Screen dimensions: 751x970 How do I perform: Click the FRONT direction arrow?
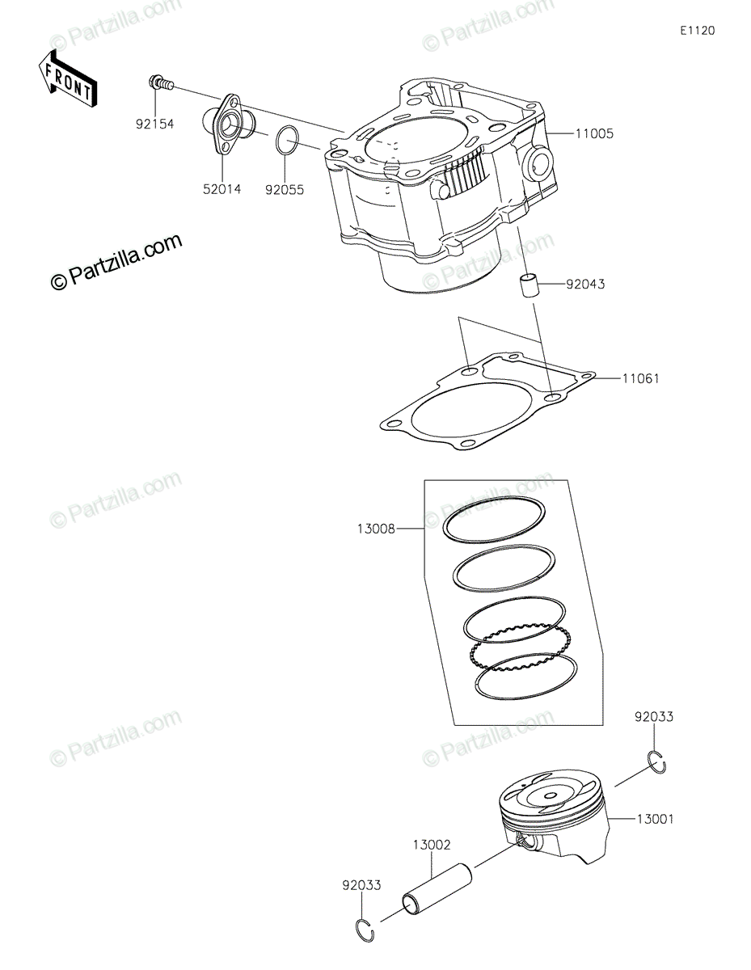click(67, 78)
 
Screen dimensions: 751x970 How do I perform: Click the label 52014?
click(223, 190)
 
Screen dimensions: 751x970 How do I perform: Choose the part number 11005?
click(594, 133)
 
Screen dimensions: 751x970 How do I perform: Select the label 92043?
click(585, 285)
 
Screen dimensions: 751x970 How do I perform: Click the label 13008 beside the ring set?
click(375, 529)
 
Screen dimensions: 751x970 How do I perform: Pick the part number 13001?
click(654, 820)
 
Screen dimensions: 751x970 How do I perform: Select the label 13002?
click(432, 845)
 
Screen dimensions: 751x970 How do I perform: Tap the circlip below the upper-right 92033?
click(656, 761)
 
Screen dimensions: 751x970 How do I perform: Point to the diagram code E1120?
click(696, 32)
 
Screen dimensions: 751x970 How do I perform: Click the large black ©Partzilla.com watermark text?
click(116, 262)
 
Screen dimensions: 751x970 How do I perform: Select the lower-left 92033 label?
click(360, 885)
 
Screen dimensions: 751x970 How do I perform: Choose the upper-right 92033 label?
click(653, 717)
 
